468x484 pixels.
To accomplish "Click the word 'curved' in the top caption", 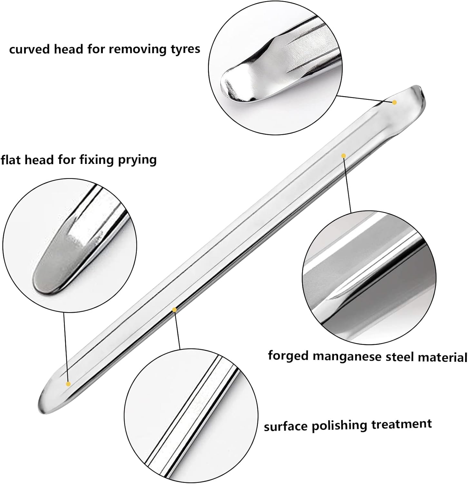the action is (x=30, y=49).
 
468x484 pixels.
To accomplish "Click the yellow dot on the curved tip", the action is (x=394, y=102).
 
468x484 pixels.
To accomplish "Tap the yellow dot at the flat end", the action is (x=68, y=384).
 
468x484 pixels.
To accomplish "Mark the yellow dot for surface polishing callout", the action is (x=174, y=310).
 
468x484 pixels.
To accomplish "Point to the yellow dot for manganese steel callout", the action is (x=344, y=156).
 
